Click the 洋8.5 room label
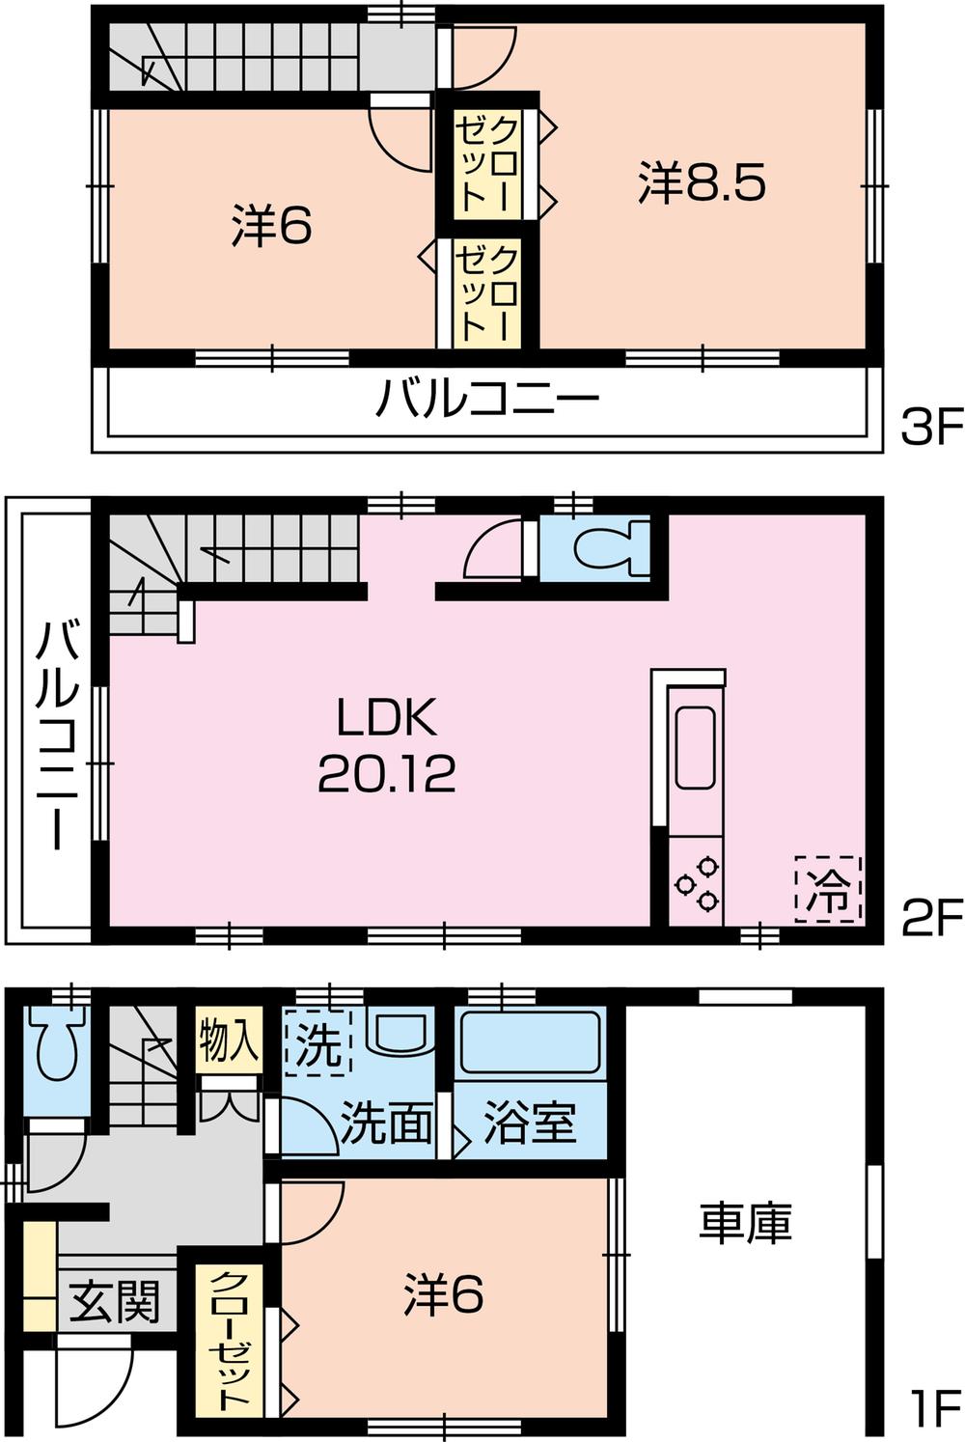(x=702, y=181)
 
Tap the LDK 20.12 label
(x=386, y=745)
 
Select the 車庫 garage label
(x=745, y=1222)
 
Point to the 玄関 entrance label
(x=114, y=1303)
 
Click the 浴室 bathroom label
(x=529, y=1122)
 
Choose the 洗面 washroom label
(x=386, y=1122)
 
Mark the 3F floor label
(x=930, y=427)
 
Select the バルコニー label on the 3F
(x=487, y=398)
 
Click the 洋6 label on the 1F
(x=443, y=1294)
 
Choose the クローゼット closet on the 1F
(x=230, y=1339)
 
